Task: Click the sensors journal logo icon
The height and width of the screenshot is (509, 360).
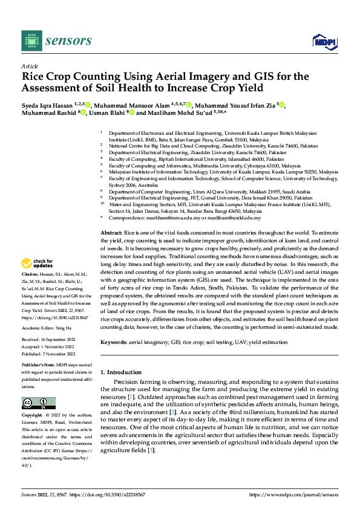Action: coord(31,41)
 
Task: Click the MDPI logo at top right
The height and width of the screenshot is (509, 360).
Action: coord(324,41)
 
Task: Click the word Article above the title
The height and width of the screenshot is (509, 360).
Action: coord(30,66)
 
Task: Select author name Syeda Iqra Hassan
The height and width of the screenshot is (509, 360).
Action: coord(48,105)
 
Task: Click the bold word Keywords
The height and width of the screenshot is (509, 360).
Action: coord(113,343)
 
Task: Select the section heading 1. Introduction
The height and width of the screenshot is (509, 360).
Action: coord(123,372)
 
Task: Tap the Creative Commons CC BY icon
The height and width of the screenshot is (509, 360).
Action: coord(38,403)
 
